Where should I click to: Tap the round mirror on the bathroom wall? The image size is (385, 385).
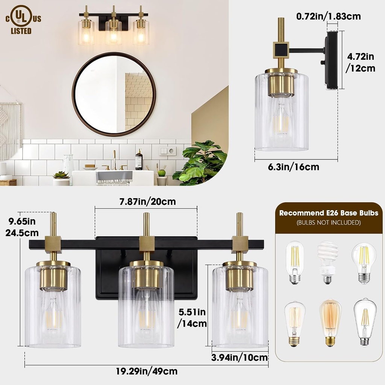coord(114,94)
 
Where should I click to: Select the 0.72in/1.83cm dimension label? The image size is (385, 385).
coord(328,17)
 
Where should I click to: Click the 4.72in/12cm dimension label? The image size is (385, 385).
coord(361,62)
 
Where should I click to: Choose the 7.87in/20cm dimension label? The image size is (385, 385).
coord(147,202)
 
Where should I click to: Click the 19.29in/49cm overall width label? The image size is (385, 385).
coord(147,371)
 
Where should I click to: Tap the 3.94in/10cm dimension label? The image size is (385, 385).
coord(240,358)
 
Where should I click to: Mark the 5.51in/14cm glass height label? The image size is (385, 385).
coord(192,317)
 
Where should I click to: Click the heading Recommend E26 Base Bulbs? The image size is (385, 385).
coord(328,213)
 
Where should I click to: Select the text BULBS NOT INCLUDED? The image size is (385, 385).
coord(328,223)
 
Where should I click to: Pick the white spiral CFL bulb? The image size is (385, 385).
coord(327,262)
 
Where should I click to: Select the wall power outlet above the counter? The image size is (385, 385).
coord(167,151)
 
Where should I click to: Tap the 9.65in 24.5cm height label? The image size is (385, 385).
coord(23,227)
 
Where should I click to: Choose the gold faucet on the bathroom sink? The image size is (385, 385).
coord(115,161)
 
